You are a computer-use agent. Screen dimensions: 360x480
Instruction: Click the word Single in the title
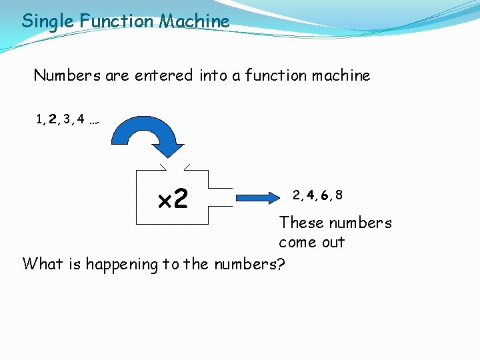point(48,21)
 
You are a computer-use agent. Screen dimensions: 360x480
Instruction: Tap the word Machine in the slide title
point(194,21)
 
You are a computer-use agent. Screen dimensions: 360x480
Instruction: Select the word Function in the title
point(117,21)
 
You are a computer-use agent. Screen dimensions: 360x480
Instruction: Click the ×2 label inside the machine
point(173,198)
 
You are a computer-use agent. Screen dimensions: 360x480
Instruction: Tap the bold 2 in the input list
point(53,120)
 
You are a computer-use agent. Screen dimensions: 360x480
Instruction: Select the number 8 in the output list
point(339,195)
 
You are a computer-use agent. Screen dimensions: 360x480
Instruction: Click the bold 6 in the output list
point(324,195)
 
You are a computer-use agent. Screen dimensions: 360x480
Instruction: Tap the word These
point(301,223)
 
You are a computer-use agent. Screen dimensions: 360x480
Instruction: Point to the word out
point(333,243)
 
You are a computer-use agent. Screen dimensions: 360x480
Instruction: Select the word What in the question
point(43,264)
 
